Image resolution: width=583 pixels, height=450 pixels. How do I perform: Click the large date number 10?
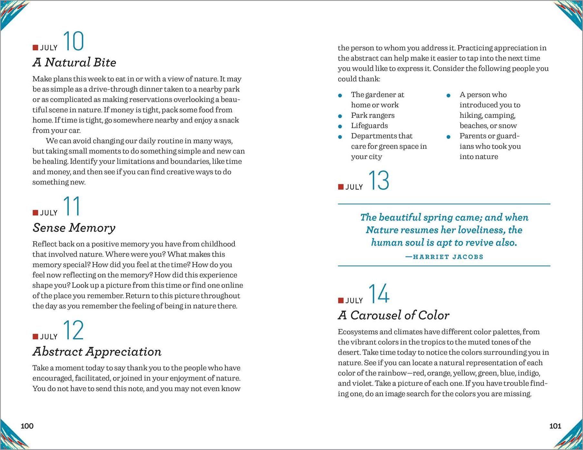point(73,41)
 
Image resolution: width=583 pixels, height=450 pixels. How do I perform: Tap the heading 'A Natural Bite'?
point(74,62)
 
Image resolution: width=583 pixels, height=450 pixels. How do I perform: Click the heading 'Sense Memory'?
point(74,228)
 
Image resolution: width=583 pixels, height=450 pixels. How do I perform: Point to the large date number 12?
point(73,330)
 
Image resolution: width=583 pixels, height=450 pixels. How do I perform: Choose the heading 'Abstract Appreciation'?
point(97,352)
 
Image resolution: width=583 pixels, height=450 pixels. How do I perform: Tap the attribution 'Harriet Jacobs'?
point(444,257)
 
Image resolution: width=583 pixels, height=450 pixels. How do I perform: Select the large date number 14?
point(379,294)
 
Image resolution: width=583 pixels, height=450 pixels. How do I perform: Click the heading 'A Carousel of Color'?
point(393,315)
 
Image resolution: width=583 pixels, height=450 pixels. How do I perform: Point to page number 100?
point(27,426)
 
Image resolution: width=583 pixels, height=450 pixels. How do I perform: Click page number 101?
point(555,426)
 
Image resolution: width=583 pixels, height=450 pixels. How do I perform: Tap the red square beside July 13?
point(341,187)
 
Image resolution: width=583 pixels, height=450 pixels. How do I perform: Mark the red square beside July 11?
point(35,213)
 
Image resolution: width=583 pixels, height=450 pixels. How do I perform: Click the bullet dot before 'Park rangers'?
point(340,116)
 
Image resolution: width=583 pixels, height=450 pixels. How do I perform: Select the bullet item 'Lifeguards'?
point(369,125)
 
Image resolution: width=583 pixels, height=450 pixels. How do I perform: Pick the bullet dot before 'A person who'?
point(448,95)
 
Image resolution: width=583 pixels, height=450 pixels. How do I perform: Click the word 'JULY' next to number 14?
point(354,301)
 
